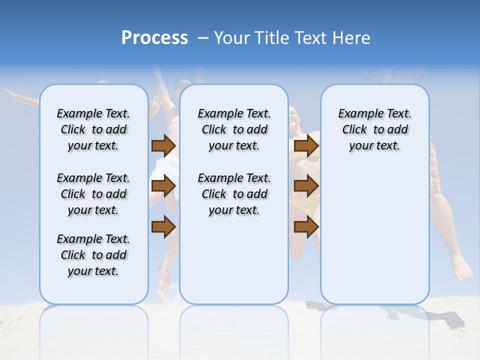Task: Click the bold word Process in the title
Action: point(154,37)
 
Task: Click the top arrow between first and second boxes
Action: point(163,145)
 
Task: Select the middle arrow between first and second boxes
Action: point(163,186)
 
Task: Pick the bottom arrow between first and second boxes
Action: point(163,227)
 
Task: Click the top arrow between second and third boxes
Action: point(306,145)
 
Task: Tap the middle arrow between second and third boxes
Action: point(306,186)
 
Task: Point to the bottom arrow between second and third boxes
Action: point(306,227)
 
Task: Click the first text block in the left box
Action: point(93,129)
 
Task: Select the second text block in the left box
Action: point(93,194)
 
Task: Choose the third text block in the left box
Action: point(93,255)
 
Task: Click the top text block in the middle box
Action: point(234,129)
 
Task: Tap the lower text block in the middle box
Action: point(234,194)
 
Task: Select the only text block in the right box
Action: point(374,129)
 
